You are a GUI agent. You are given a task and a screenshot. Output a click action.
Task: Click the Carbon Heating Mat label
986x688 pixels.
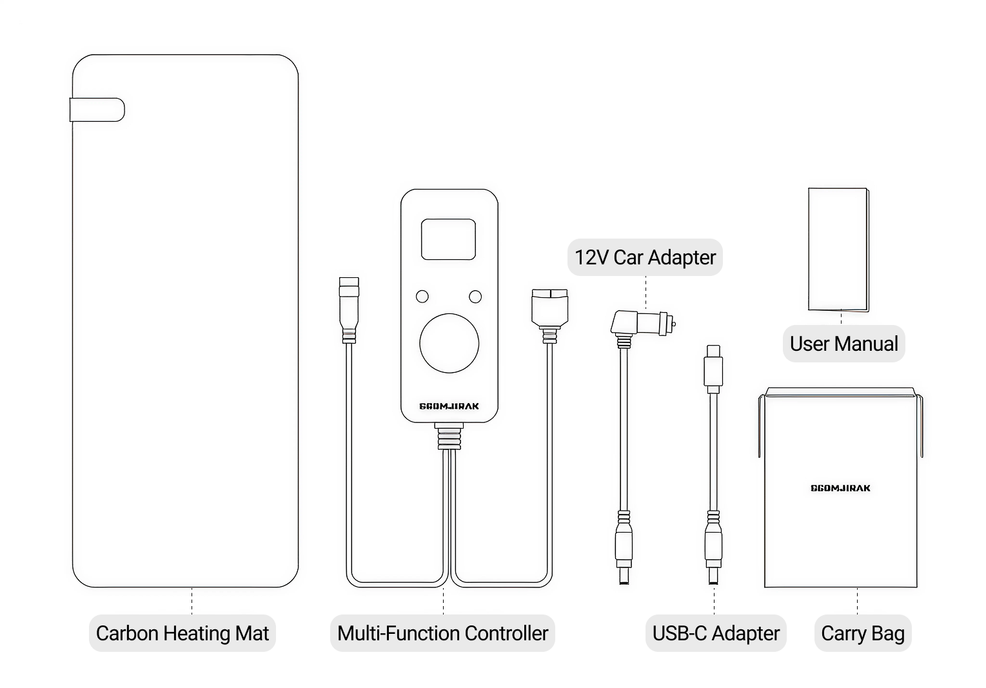(x=182, y=633)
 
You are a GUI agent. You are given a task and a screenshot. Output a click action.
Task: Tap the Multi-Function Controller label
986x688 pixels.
(x=442, y=633)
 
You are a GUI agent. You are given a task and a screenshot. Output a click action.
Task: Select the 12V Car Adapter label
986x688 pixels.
(x=645, y=257)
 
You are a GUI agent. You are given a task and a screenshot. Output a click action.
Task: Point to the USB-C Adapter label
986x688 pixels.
(x=716, y=633)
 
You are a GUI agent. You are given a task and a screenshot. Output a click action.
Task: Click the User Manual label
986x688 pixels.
(x=843, y=344)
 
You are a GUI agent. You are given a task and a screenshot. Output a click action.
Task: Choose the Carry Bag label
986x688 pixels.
(x=862, y=633)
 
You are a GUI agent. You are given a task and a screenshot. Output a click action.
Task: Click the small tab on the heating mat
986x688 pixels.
(x=97, y=110)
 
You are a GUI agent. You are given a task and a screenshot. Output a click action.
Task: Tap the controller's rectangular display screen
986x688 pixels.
(x=448, y=239)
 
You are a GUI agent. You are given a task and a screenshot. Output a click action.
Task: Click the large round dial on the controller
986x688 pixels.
(x=449, y=343)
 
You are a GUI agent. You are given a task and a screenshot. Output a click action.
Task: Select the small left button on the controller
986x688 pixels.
(x=422, y=297)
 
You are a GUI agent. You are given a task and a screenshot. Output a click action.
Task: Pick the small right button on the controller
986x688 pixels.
(x=475, y=297)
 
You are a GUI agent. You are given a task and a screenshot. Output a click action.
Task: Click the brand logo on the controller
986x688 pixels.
(x=449, y=406)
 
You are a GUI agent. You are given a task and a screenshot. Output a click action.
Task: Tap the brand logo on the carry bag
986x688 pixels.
(x=840, y=488)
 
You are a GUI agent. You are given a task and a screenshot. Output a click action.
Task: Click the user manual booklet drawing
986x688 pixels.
(x=838, y=250)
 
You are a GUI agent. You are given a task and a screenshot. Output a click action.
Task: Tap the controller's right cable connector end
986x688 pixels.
(x=549, y=306)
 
